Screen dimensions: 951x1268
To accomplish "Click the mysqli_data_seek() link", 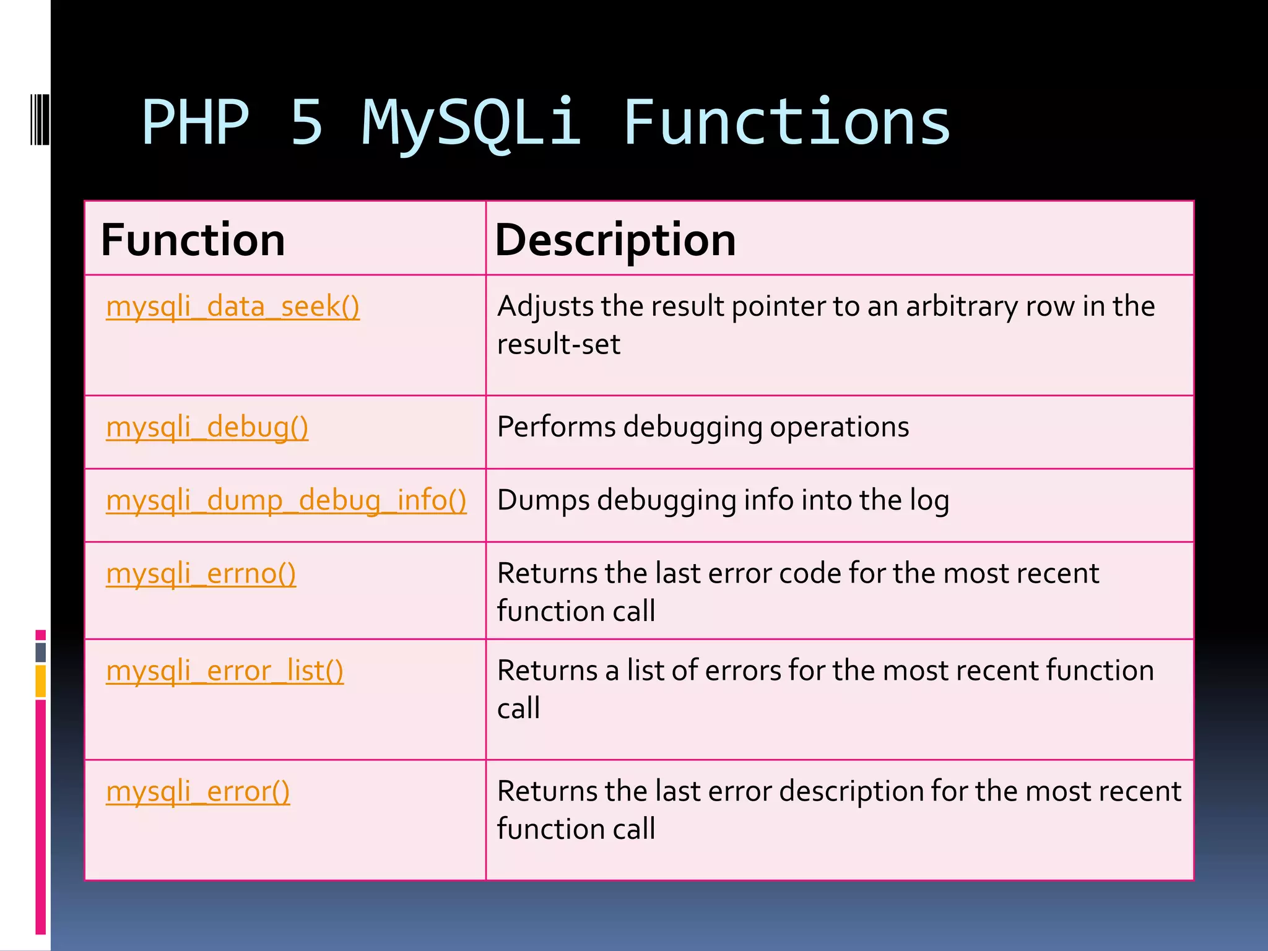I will [232, 306].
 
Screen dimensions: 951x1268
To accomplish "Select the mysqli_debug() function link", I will [207, 427].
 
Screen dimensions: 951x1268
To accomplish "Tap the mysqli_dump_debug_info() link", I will [286, 500].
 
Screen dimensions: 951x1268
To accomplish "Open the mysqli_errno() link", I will [201, 573].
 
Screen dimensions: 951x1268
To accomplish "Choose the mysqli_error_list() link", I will [224, 671].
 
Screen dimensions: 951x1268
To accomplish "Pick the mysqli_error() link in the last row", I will [198, 791].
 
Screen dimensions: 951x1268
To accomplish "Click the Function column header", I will [193, 240].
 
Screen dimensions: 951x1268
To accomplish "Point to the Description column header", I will [615, 240].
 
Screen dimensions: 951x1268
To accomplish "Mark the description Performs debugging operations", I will [703, 427].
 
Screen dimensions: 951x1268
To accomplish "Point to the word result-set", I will [558, 344].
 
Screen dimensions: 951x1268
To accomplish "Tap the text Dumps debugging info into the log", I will [723, 500].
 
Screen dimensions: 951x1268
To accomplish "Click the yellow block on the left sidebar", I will [40, 681].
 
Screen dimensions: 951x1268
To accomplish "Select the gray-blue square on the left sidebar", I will [40, 652].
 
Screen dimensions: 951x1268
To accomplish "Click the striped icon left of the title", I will [40, 119].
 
